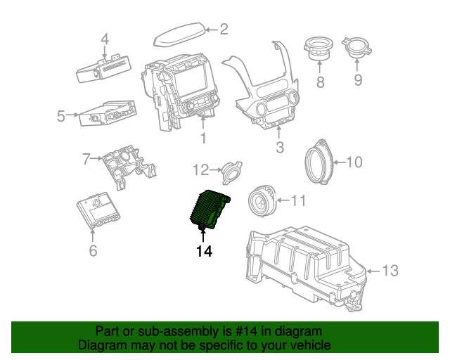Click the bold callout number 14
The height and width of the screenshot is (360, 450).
pyautogui.click(x=204, y=250)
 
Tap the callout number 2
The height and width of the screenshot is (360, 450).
pyautogui.click(x=224, y=30)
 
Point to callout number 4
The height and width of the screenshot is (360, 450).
pyautogui.click(x=105, y=39)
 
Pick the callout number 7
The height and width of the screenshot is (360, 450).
pyautogui.click(x=86, y=159)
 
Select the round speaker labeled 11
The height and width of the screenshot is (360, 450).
pyautogui.click(x=263, y=202)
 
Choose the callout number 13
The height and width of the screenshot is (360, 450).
pyautogui.click(x=390, y=270)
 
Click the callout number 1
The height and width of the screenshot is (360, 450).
pyautogui.click(x=203, y=139)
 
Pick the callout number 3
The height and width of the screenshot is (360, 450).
pyautogui.click(x=279, y=148)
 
